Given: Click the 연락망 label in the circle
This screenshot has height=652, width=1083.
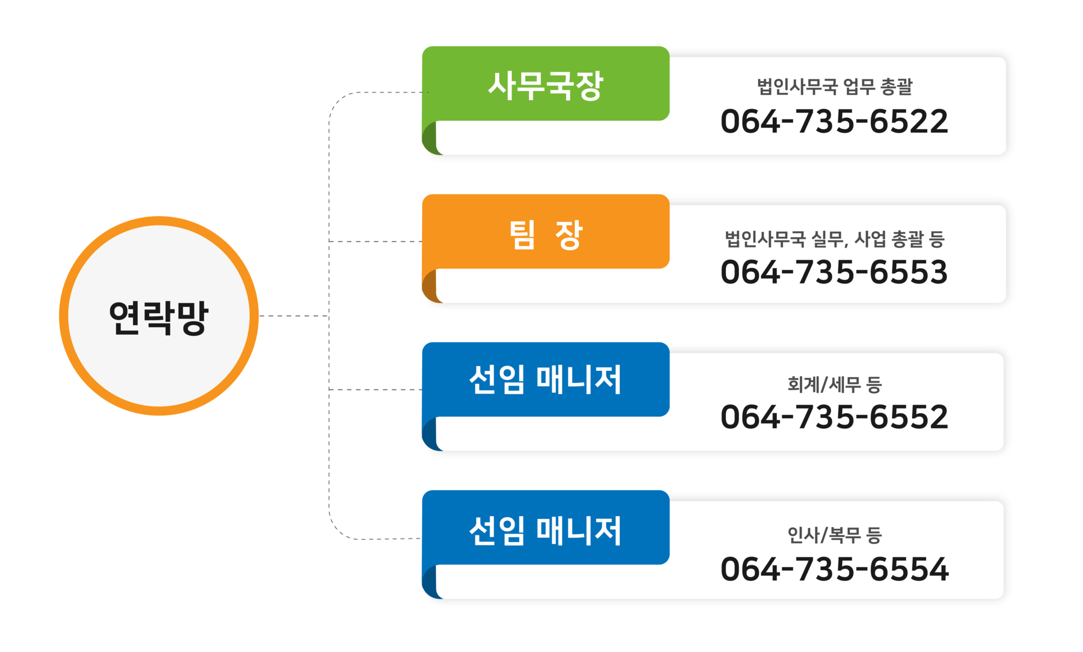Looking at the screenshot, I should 159,317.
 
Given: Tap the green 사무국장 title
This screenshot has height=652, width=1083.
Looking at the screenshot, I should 545,86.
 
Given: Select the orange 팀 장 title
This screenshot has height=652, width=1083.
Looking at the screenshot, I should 545,234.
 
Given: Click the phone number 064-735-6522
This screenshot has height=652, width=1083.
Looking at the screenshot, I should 834,122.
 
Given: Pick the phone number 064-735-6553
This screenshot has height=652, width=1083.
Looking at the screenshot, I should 834,272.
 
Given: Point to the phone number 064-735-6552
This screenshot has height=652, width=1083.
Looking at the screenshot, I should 834,417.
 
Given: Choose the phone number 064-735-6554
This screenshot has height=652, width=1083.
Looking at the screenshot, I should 834,569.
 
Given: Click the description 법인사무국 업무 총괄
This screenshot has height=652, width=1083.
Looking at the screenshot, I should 834,87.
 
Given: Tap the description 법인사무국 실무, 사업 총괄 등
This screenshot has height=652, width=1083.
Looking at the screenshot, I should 834,239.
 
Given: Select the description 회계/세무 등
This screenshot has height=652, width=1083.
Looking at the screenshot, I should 834,384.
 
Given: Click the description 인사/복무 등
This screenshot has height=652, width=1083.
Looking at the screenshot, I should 834,535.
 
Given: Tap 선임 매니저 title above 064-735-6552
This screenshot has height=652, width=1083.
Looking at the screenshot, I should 545,379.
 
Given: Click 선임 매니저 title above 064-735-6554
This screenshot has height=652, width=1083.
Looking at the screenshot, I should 545,530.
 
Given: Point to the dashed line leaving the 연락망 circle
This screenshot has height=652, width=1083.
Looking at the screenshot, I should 293,316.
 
